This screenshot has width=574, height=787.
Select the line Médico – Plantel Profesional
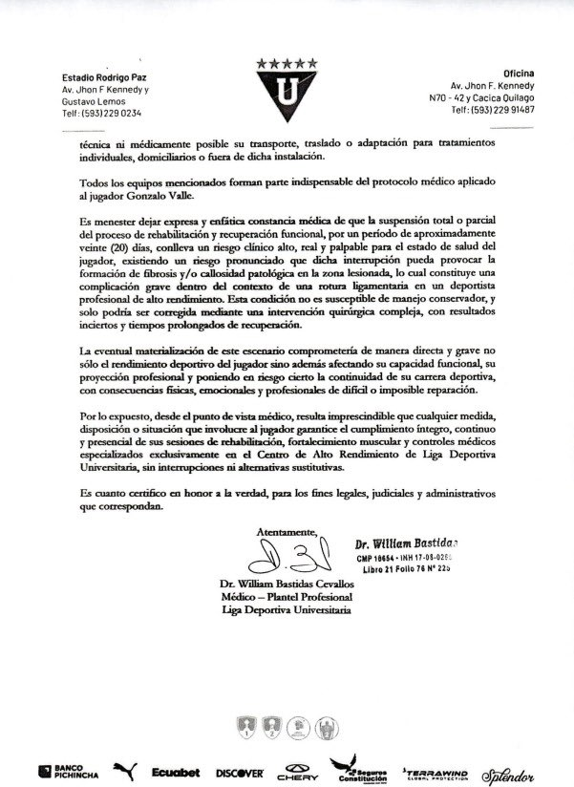[285, 597]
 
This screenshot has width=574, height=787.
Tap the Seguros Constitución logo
[361, 770]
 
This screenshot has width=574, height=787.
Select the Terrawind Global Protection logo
[437, 770]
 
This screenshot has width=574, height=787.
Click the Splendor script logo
[511, 771]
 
